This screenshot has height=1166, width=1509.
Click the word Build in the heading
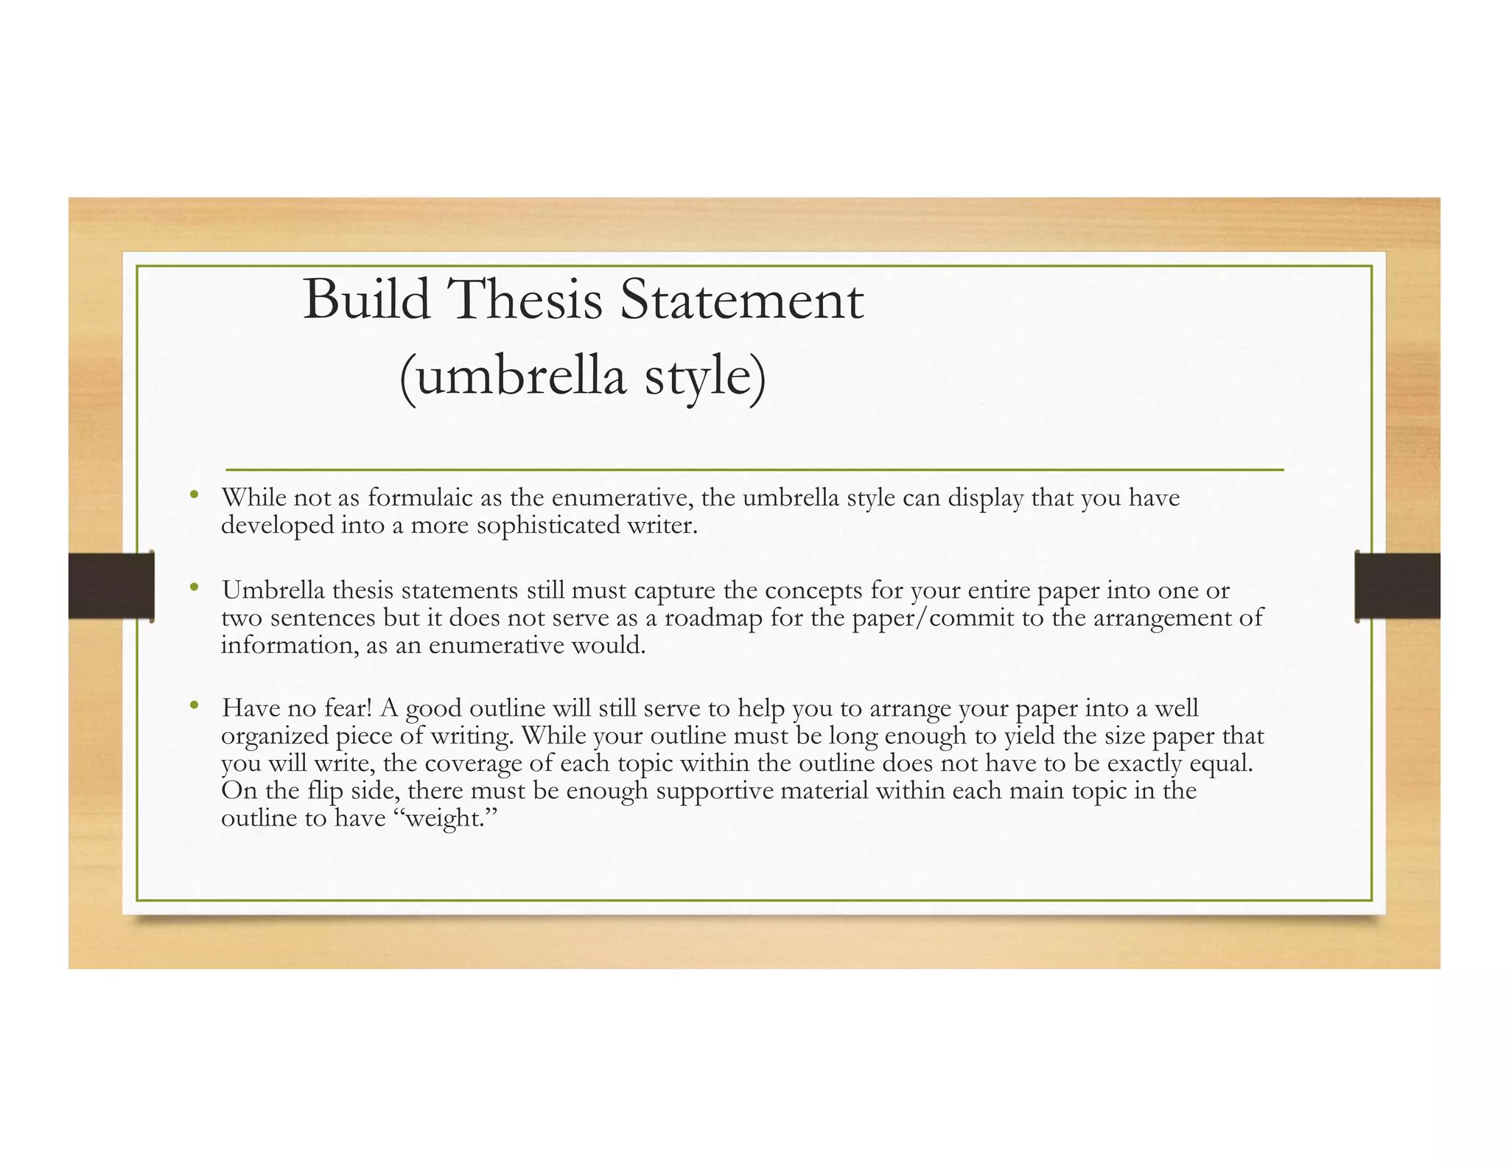tap(366, 300)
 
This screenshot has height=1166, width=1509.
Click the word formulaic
tap(420, 498)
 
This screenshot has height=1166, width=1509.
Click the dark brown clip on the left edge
tap(111, 586)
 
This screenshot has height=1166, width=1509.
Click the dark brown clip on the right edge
tap(1397, 586)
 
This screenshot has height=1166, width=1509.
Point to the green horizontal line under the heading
tap(754, 469)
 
